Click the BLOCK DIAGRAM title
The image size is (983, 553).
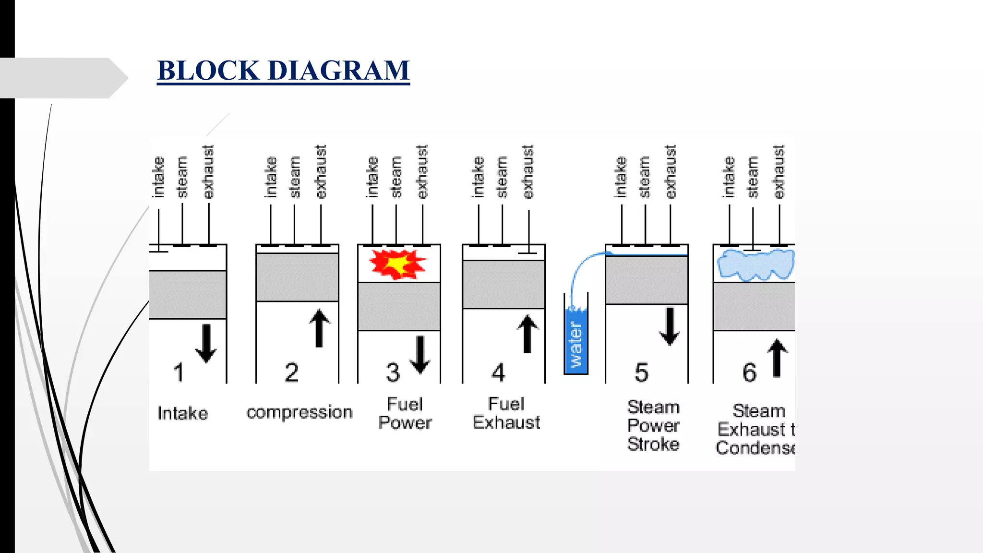283,71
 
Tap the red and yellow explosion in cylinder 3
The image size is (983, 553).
397,264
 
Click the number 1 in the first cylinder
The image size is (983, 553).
179,373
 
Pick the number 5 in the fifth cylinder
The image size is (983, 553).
642,373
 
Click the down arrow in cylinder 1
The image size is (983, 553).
206,343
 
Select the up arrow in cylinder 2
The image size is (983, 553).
319,328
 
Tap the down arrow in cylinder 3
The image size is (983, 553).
420,355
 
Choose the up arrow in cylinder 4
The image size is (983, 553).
527,334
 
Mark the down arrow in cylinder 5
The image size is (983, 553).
670,326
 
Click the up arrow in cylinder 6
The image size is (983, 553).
778,358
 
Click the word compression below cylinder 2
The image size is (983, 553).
300,413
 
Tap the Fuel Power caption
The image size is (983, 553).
405,413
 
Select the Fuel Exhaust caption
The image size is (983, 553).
506,413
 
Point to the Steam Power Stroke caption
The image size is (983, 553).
653,426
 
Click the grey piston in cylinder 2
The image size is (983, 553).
297,277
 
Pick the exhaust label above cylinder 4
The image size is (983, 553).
527,172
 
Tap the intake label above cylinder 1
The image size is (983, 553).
158,177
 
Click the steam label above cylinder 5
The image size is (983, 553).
645,177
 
